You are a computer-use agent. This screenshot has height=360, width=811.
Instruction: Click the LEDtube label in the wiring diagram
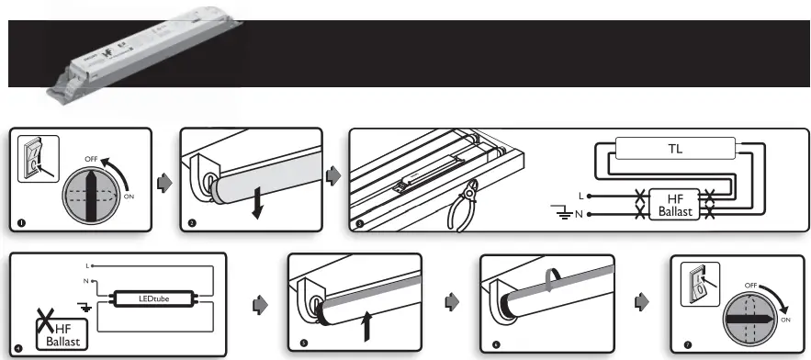click(155, 298)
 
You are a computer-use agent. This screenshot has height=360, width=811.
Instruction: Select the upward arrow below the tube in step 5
click(367, 326)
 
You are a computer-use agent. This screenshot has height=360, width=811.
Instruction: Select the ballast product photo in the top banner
click(133, 57)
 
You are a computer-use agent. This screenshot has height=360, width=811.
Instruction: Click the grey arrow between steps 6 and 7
click(642, 301)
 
